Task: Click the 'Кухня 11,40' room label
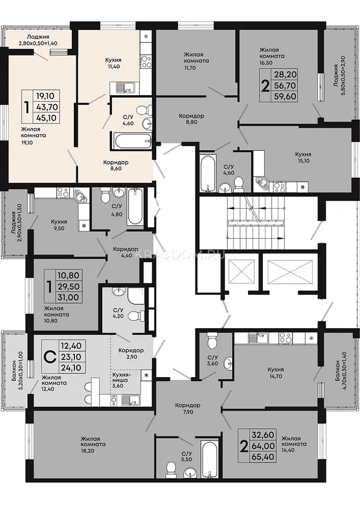[112, 63]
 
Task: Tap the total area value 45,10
[46, 118]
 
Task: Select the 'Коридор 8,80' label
[191, 119]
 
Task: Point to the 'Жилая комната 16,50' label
[272, 56]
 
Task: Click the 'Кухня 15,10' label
[303, 157]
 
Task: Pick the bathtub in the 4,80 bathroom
[135, 207]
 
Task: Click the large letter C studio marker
[50, 357]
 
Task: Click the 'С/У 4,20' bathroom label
[118, 313]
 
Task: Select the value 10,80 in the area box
[69, 275]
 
